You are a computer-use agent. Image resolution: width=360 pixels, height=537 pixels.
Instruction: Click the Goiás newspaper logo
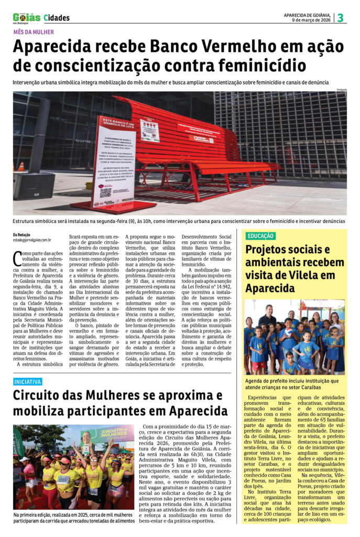tap(26, 17)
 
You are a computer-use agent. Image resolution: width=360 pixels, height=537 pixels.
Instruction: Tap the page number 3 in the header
tap(340, 17)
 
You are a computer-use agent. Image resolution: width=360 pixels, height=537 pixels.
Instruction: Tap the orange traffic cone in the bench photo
tap(21, 167)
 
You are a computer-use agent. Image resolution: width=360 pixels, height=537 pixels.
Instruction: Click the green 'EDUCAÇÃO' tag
tap(260, 236)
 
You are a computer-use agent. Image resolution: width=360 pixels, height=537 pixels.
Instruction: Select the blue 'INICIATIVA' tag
tap(28, 382)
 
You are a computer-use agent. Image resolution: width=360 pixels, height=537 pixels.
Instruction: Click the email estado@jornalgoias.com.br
tap(32, 240)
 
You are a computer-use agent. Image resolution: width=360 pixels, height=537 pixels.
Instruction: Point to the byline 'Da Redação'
tap(21, 234)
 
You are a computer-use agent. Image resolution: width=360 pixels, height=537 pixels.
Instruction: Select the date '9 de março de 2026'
tap(311, 20)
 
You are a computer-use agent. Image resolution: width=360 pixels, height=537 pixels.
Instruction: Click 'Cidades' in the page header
tap(57, 18)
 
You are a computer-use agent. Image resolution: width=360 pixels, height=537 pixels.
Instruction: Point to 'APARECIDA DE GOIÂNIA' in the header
tap(308, 15)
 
